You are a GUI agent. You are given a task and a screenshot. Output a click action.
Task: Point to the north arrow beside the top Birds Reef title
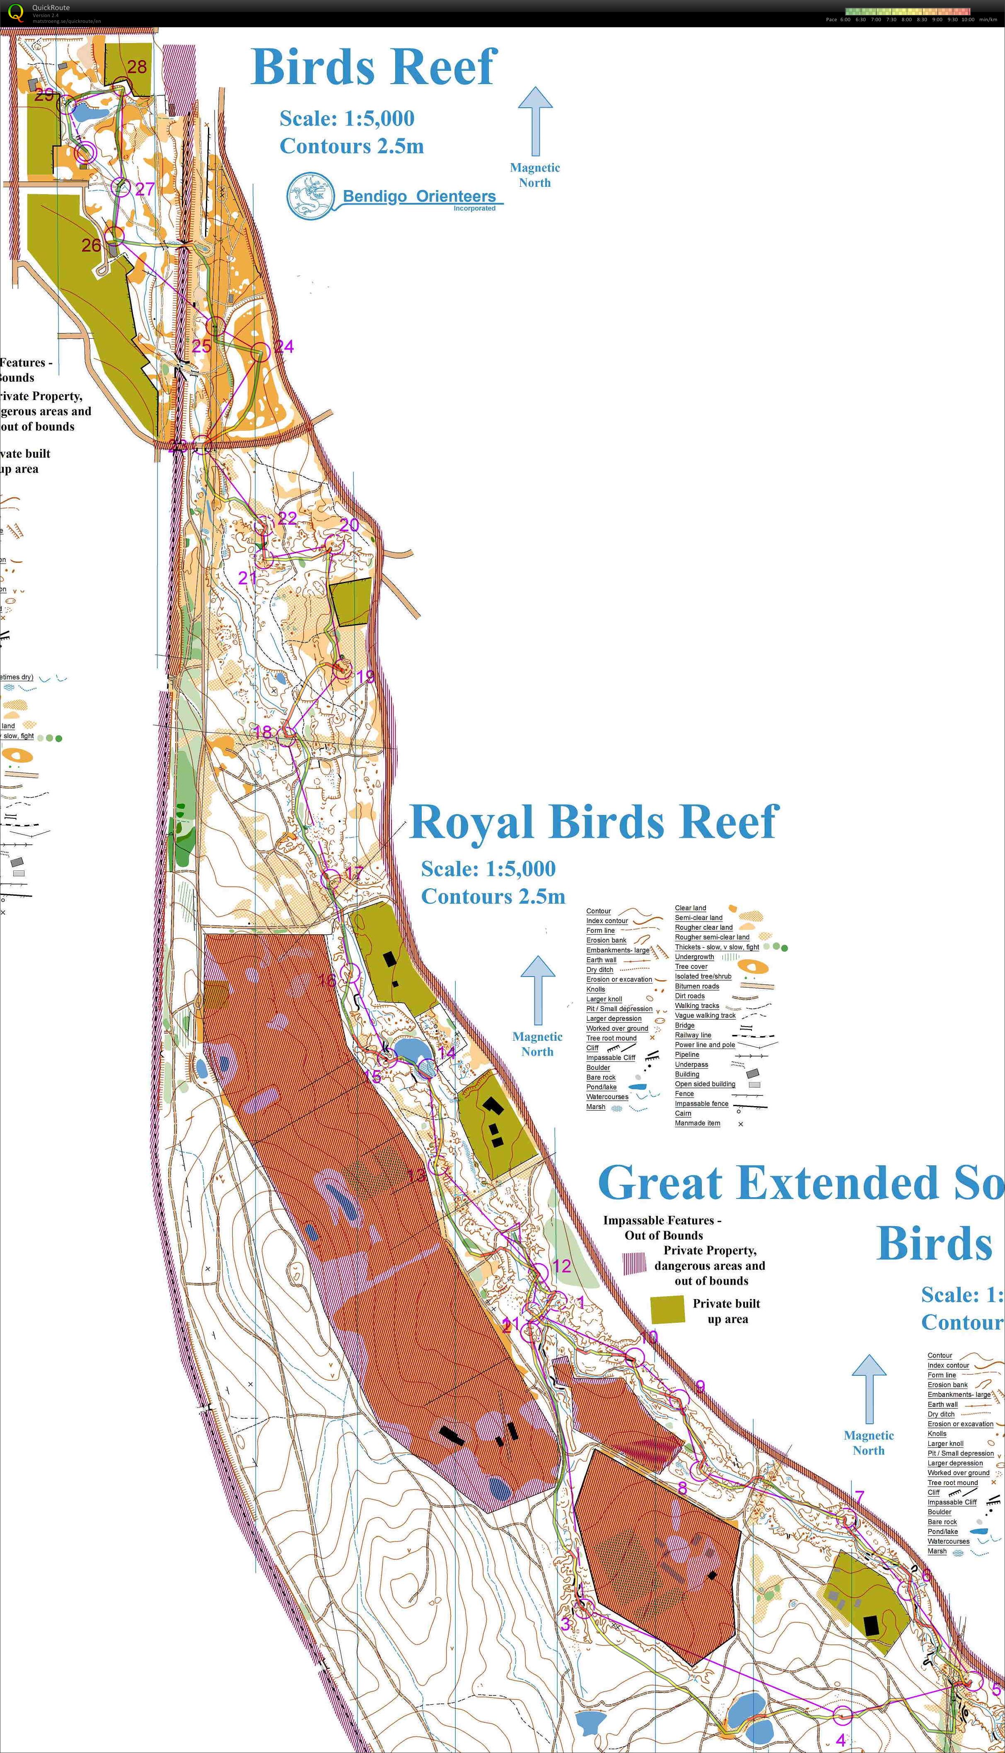point(535,121)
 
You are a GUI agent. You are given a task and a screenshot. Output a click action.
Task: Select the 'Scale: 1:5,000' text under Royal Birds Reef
point(488,868)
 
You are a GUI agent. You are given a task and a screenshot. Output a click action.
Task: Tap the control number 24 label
point(284,346)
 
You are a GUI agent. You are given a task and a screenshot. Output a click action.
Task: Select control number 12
point(562,1266)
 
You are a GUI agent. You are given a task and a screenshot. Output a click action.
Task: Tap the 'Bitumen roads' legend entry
point(696,986)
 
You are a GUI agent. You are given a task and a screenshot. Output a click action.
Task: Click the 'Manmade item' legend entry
point(697,1123)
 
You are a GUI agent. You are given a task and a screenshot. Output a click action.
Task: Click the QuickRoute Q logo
point(16,12)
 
